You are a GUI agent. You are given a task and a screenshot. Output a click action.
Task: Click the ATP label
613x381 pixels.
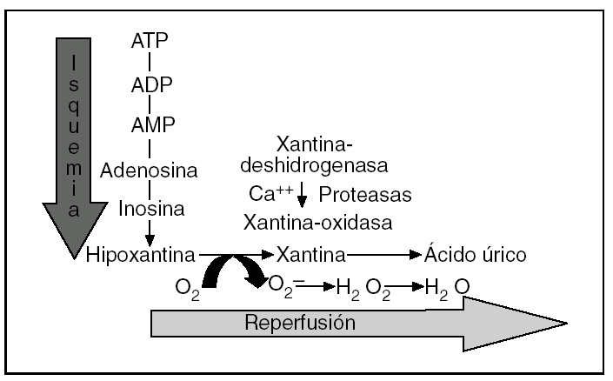(x=150, y=41)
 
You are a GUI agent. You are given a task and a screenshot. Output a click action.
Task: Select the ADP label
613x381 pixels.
(x=150, y=85)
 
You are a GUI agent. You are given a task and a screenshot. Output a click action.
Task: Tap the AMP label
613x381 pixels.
(x=150, y=124)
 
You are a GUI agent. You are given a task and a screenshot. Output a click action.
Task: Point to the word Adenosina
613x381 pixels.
(x=150, y=169)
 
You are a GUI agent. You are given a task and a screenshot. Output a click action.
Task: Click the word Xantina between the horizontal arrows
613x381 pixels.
(x=311, y=254)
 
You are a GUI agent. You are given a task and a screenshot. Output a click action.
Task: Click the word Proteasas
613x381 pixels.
(x=365, y=193)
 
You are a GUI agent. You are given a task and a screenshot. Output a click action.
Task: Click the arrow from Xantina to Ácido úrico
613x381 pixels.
(x=384, y=255)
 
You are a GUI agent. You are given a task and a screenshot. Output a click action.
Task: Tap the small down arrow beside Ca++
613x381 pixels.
(x=302, y=196)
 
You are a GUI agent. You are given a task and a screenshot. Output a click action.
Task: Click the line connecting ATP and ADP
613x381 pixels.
(x=150, y=63)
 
